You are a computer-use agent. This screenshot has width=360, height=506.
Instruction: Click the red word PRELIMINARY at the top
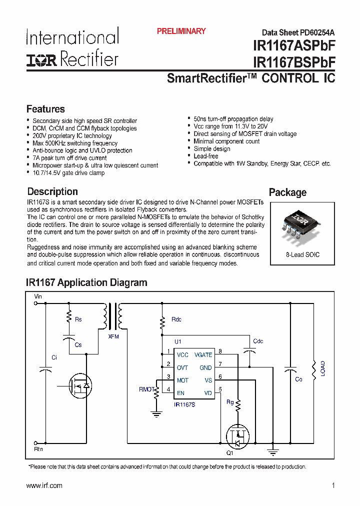tap(181, 31)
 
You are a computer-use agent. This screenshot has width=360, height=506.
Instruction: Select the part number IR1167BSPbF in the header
tap(294, 62)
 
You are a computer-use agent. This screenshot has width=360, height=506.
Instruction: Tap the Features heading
tap(45, 109)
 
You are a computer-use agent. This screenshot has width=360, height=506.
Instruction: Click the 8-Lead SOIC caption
tap(302, 254)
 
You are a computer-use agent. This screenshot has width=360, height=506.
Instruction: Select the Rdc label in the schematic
tap(176, 319)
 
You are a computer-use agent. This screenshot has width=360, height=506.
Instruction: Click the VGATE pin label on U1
tap(203, 354)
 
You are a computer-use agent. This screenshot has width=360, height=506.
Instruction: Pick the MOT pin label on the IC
tap(182, 380)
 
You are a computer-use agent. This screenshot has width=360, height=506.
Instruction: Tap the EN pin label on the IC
tap(180, 393)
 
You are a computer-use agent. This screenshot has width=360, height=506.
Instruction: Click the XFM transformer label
tap(113, 336)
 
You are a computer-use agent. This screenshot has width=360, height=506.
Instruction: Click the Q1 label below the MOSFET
tap(230, 453)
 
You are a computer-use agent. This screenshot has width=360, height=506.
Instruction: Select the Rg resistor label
tap(230, 401)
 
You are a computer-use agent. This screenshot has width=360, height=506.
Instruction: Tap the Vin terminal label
tap(38, 296)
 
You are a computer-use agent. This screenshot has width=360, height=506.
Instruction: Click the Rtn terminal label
tap(38, 449)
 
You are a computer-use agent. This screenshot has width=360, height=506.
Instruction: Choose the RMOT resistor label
tap(146, 388)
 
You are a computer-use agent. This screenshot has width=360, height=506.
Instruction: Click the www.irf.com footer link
tap(44, 485)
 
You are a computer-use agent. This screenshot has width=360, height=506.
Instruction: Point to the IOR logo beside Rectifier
tap(42, 60)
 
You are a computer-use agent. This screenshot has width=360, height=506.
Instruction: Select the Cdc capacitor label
tap(258, 341)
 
